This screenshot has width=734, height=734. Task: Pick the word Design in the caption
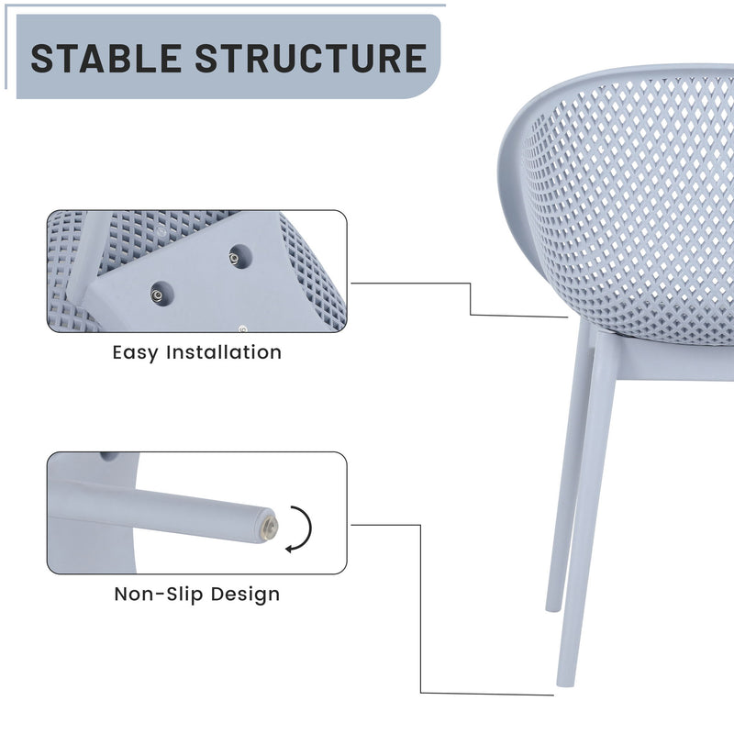pyautogui.click(x=245, y=594)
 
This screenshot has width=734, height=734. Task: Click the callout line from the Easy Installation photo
pyautogui.click(x=470, y=298)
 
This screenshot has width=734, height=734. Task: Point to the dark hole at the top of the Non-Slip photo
pyautogui.click(x=109, y=456)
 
